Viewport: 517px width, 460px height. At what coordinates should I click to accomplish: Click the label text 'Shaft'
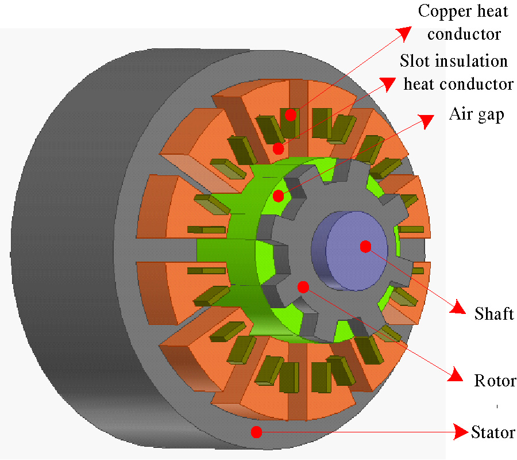click(x=494, y=314)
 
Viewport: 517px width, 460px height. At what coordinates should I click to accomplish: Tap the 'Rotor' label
click(x=495, y=381)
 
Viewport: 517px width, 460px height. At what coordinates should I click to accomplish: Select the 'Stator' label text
click(x=493, y=432)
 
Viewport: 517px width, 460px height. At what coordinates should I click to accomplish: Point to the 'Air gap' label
click(x=476, y=114)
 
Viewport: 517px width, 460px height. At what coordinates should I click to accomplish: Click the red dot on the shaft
click(x=365, y=247)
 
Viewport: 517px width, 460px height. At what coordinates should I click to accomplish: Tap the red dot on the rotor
click(x=303, y=286)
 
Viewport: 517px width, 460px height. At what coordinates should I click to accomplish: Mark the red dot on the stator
click(x=256, y=431)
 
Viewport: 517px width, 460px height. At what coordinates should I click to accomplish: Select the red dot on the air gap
click(x=279, y=196)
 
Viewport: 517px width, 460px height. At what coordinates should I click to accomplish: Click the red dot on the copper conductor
click(x=291, y=114)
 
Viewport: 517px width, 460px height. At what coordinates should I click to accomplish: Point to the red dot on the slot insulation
click(x=279, y=148)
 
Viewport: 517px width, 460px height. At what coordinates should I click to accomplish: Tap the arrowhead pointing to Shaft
click(x=458, y=308)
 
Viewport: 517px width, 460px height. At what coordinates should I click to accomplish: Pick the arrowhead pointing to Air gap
click(x=426, y=120)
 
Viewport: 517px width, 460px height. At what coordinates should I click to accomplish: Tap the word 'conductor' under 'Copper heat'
click(x=464, y=34)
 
